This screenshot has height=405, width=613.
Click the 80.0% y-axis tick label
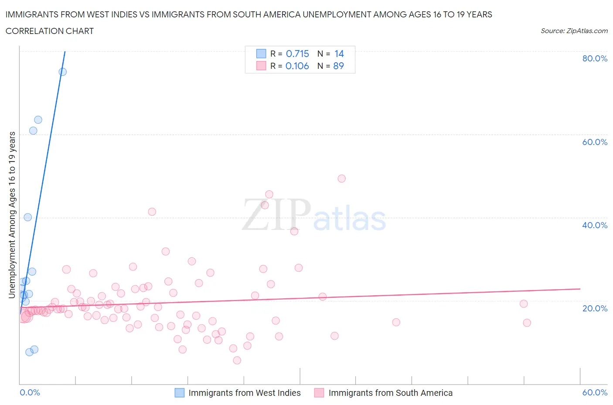pyautogui.click(x=595, y=58)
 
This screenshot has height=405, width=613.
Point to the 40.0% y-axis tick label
pyautogui.click(x=595, y=225)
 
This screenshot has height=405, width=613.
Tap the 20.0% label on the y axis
pyautogui.click(x=595, y=308)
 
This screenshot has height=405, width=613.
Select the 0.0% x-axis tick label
pyautogui.click(x=30, y=392)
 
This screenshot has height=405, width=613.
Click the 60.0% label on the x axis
pyautogui.click(x=595, y=392)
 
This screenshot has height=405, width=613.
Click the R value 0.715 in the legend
pyautogui.click(x=297, y=54)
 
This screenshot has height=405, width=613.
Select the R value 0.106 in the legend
pyautogui.click(x=297, y=66)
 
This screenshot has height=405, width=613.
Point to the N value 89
pyautogui.click(x=338, y=66)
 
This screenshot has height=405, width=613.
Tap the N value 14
pyautogui.click(x=339, y=54)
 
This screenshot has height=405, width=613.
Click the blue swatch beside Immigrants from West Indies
pyautogui.click(x=180, y=393)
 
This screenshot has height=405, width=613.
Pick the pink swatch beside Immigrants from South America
pyautogui.click(x=319, y=393)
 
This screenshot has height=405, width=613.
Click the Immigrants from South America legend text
pyautogui.click(x=390, y=393)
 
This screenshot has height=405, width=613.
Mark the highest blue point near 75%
pyautogui.click(x=63, y=72)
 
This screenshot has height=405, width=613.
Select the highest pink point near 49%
pyautogui.click(x=342, y=179)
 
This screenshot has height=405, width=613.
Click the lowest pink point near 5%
pyautogui.click(x=237, y=360)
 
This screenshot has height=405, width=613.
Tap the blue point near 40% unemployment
pyautogui.click(x=28, y=217)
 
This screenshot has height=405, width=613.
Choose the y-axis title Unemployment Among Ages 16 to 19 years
pyautogui.click(x=12, y=215)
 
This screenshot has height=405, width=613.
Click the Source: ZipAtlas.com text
pyautogui.click(x=574, y=31)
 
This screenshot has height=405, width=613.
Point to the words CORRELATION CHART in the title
pyautogui.click(x=50, y=31)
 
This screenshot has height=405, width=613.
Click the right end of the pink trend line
pyautogui.click(x=580, y=289)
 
